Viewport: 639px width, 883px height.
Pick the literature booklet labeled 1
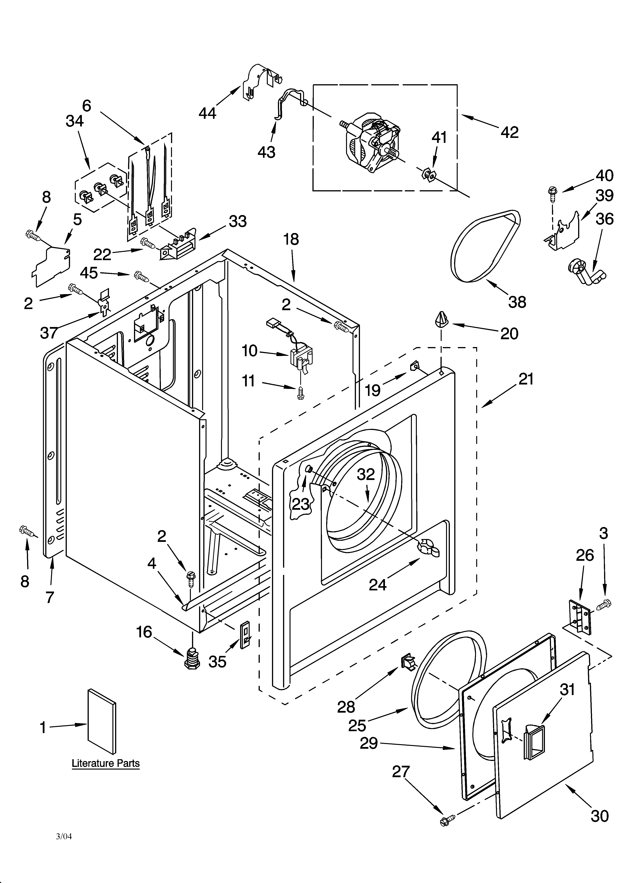click(x=102, y=721)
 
